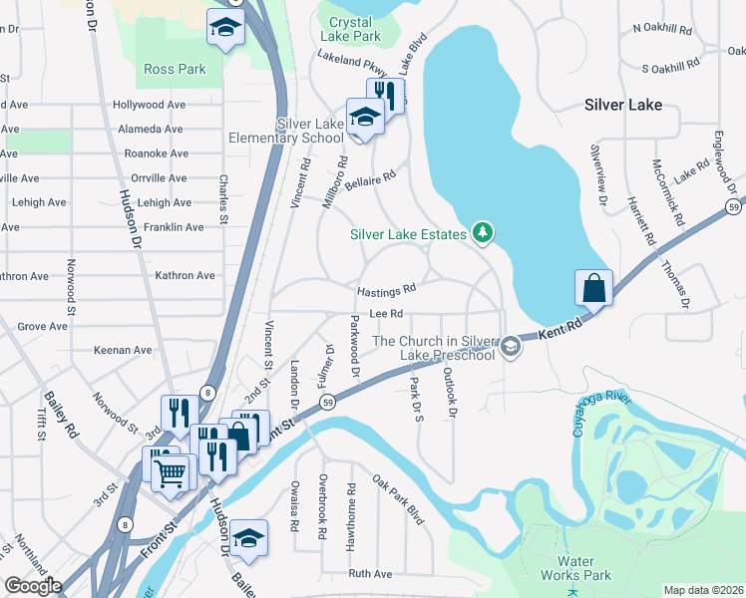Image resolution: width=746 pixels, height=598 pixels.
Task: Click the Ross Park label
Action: tap(175, 69)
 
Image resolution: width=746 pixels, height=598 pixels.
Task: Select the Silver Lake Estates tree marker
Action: tap(484, 233)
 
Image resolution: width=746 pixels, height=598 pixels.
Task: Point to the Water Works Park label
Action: tap(575, 568)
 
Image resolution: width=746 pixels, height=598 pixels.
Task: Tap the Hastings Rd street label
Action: tap(386, 291)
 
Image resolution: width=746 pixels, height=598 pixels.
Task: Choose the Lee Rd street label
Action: tap(385, 314)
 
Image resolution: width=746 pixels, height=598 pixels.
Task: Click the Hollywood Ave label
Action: tap(151, 104)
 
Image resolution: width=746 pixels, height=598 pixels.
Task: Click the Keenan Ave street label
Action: tap(122, 351)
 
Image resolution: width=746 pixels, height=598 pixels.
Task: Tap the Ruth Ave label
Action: tap(370, 574)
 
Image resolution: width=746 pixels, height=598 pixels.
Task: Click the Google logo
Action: tap(33, 586)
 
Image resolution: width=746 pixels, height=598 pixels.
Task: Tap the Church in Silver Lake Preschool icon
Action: tap(510, 347)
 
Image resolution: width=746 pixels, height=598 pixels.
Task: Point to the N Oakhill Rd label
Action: tap(667, 28)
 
